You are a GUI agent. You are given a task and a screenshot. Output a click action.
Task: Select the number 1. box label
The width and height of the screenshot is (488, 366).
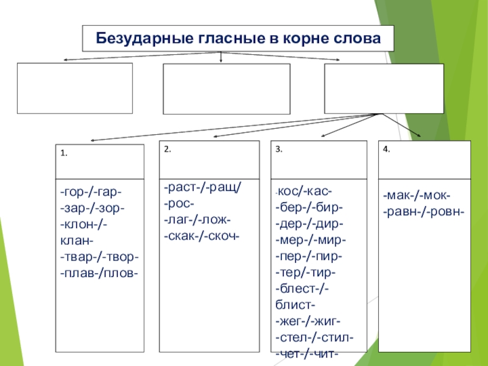click(x=64, y=154)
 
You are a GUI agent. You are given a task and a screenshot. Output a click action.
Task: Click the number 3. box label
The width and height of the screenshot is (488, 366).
click(x=279, y=149)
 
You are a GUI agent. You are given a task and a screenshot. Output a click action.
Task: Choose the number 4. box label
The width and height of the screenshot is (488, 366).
click(x=386, y=149)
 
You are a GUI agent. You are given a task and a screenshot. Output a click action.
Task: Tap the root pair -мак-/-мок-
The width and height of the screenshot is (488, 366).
click(x=417, y=196)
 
